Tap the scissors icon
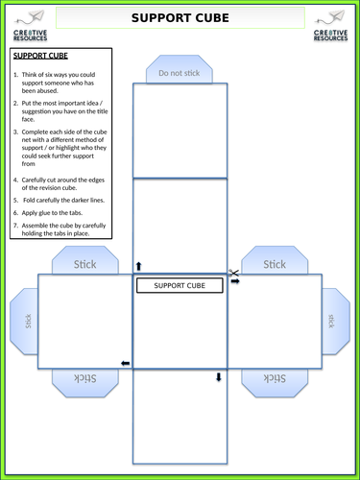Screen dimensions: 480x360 [x=232, y=275]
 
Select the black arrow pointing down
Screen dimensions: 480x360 [x=219, y=377]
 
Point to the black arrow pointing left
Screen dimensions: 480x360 [x=125, y=363]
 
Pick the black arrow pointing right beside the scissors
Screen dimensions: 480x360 [x=235, y=282]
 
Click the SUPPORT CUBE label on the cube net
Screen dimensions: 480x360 [x=180, y=286]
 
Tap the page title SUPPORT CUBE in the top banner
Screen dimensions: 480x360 [x=180, y=18]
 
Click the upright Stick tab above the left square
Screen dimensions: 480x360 [x=86, y=263]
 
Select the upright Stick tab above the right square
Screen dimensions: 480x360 [x=275, y=263]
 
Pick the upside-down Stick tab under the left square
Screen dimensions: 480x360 [x=86, y=379]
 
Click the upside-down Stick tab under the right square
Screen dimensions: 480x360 [x=275, y=379]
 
